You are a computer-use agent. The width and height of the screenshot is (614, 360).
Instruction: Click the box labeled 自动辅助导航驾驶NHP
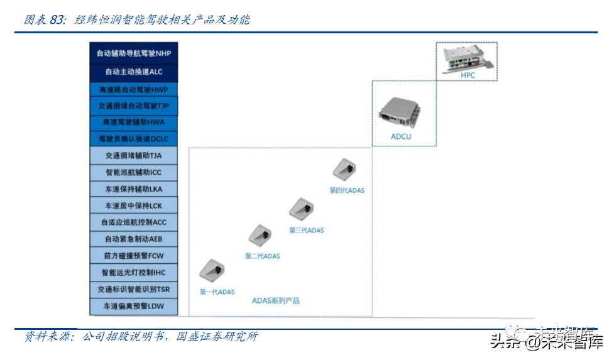[x=133, y=53]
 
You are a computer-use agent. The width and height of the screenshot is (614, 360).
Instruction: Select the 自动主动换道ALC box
[x=133, y=72]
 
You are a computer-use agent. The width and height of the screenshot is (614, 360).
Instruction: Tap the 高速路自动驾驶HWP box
[x=133, y=90]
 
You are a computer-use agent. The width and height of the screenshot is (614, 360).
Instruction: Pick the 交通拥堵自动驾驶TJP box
[x=133, y=106]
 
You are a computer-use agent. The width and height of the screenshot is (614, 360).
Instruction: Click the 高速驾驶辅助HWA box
[x=133, y=122]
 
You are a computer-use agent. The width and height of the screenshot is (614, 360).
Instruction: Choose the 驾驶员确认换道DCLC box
[x=133, y=138]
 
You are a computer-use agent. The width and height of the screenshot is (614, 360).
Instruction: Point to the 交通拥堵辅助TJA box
[x=133, y=155]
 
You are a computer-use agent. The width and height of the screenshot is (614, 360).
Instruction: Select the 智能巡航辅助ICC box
[x=133, y=172]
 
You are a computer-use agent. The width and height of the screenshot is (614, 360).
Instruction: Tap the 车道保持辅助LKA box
[x=133, y=188]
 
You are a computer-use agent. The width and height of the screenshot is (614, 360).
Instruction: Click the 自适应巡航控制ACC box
[x=133, y=222]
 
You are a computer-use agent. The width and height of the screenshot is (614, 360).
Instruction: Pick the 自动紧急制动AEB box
[x=133, y=239]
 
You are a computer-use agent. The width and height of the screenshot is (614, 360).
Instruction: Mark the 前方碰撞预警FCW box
[x=133, y=256]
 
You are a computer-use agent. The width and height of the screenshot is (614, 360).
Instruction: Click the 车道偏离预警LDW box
[x=133, y=307]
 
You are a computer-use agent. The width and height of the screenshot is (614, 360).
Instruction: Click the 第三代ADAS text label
[x=307, y=231]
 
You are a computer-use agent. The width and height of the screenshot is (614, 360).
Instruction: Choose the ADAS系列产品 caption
[x=276, y=301]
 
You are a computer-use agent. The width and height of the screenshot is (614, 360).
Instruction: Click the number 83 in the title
[x=57, y=19]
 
